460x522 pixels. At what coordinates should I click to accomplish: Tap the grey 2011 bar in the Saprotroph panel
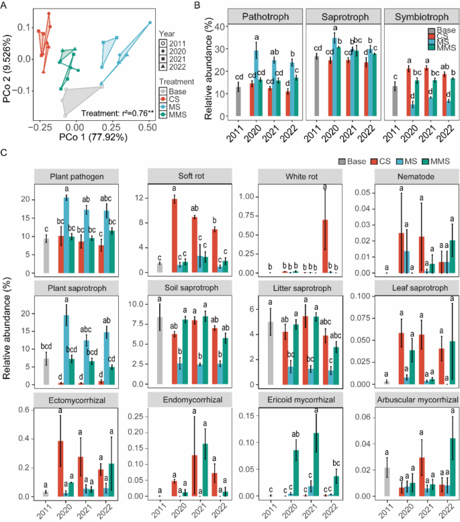pyautogui.click(x=316, y=88)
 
